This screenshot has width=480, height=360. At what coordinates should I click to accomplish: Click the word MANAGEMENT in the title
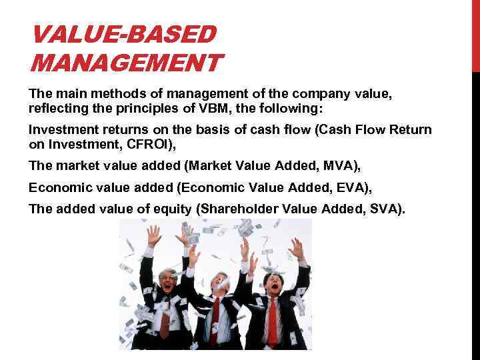125,63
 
